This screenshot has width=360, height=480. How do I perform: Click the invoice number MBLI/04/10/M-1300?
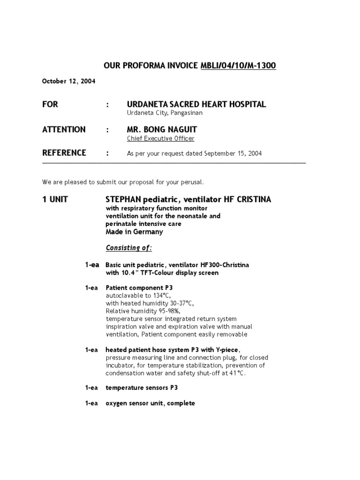click(x=238, y=66)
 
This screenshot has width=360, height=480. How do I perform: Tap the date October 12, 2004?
click(x=68, y=81)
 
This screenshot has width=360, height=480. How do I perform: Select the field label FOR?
click(x=50, y=104)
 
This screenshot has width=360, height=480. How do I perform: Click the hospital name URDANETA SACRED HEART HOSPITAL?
click(x=196, y=104)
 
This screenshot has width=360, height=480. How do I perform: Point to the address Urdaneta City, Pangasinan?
click(x=165, y=113)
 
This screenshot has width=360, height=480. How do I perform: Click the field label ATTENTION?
click(x=64, y=129)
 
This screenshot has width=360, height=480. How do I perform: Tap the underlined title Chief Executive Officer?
click(x=160, y=138)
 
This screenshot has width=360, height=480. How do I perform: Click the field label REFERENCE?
click(x=64, y=153)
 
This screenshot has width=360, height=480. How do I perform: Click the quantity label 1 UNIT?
click(x=55, y=199)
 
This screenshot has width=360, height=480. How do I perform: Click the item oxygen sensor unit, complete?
click(x=150, y=403)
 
